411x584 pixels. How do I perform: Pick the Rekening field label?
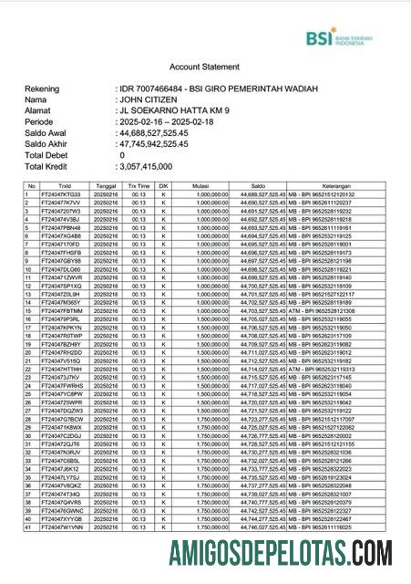[x=46, y=88]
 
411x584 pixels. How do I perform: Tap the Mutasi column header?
[x=200, y=185]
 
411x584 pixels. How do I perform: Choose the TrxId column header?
[x=63, y=185]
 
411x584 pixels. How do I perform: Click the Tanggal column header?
[x=106, y=185]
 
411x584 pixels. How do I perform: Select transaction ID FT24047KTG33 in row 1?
[x=62, y=193]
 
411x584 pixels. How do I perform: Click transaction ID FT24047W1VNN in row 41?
[x=62, y=527]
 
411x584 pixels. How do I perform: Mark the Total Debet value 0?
[x=122, y=155]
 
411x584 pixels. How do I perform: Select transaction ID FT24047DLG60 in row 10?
[x=62, y=269]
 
